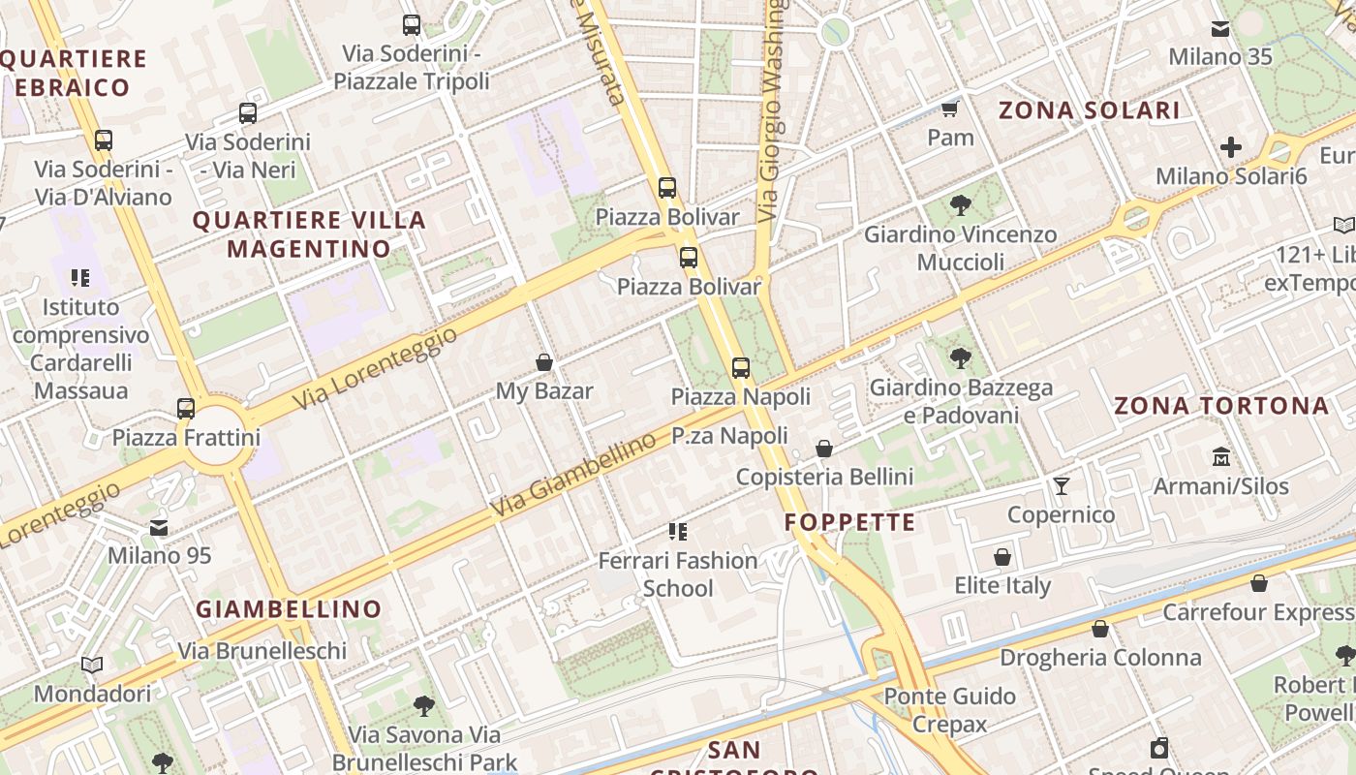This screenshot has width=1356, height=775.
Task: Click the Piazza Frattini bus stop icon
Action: (186, 409)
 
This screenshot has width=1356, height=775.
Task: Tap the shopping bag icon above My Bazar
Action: (544, 362)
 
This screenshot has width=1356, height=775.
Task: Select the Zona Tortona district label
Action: (1221, 405)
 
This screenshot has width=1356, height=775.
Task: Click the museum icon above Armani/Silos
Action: (1221, 455)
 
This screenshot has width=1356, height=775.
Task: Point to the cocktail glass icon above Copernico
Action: (1062, 485)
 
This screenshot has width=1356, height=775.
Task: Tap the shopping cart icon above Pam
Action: (950, 108)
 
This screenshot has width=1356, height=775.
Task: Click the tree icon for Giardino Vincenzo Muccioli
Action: (960, 204)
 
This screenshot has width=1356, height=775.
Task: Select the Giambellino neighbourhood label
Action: (289, 609)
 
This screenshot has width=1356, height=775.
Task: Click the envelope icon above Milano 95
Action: (159, 528)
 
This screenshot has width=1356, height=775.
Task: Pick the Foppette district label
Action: (849, 523)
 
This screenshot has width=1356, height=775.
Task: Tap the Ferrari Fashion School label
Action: (678, 574)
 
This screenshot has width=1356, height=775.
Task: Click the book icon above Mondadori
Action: (92, 665)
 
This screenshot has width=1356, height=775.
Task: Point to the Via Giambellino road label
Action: (572, 476)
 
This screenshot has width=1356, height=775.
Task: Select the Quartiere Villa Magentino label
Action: (309, 234)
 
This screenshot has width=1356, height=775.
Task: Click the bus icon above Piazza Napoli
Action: (741, 367)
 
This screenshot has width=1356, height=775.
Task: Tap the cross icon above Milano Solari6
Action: (1231, 147)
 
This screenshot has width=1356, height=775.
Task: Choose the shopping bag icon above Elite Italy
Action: (1002, 557)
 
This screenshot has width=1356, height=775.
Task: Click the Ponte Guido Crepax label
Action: (949, 710)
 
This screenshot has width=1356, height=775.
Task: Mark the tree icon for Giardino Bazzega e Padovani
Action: (960, 358)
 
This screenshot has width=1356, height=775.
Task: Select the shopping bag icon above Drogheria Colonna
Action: (1100, 629)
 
